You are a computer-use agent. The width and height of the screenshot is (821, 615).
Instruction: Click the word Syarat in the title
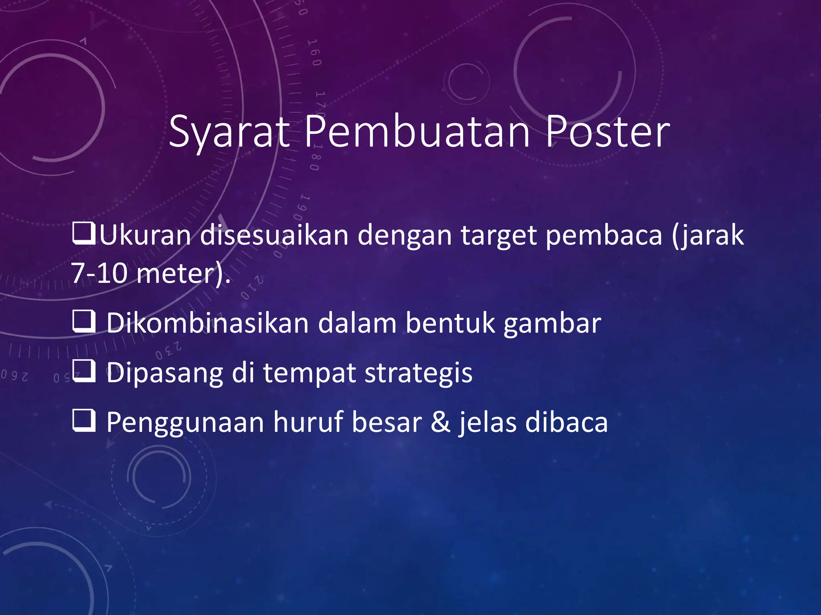click(x=229, y=132)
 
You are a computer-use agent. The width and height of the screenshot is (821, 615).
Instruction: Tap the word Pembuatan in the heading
click(x=417, y=132)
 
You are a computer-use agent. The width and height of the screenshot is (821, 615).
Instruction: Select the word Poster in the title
click(x=607, y=132)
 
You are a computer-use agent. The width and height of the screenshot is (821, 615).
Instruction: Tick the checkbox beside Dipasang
click(x=84, y=372)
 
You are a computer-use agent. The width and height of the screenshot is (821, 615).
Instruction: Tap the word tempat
click(x=309, y=373)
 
